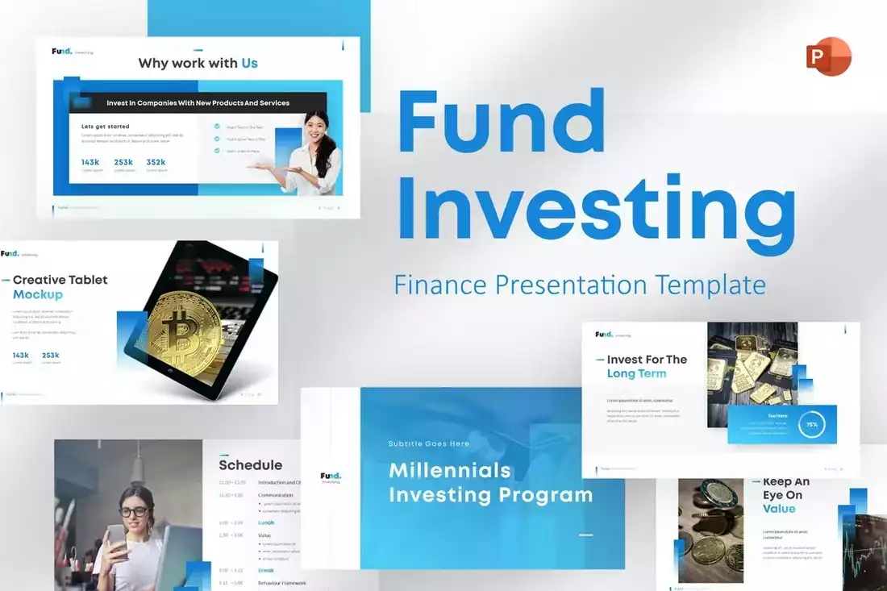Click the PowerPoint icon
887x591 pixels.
[x=828, y=56]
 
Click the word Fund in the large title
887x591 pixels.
[x=501, y=125]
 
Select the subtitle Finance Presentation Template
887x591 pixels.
[x=579, y=285]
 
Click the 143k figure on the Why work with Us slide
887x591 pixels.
[x=90, y=162]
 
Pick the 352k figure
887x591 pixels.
[x=156, y=162]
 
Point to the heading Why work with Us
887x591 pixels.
[x=198, y=63]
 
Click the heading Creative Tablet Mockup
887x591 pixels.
[x=60, y=287]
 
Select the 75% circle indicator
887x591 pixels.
[x=811, y=424]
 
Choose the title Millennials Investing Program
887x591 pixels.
[x=490, y=482]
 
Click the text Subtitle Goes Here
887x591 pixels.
[x=428, y=443]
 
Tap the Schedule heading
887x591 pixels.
[x=250, y=465]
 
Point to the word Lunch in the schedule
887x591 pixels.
[x=266, y=522]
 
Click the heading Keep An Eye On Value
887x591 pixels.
[x=785, y=495]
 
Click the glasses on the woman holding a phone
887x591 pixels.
[x=135, y=511]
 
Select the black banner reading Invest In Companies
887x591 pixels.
[x=198, y=103]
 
